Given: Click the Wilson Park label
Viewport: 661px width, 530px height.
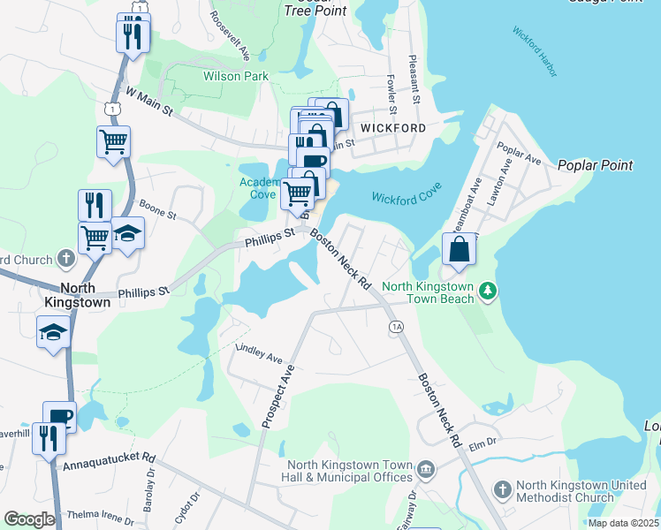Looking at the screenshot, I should pos(236,77).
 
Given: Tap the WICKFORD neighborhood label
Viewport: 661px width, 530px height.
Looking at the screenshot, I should pos(392,128).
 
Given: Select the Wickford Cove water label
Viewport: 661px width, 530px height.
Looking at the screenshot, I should pos(406,197).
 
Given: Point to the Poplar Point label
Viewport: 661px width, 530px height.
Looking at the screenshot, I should pos(595,165).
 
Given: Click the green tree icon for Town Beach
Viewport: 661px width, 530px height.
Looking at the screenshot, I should pos(487,291).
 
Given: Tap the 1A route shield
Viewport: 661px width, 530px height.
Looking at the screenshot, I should pos(396,327).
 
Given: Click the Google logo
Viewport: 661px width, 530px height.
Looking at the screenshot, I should pos(29,519).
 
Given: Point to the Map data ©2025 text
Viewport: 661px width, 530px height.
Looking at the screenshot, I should pos(623,523).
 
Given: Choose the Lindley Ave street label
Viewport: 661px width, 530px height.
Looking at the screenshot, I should pos(259,354).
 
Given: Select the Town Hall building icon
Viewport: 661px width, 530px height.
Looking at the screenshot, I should pos(426,467).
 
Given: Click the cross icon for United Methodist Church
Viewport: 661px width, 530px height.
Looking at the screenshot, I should pos(502,488).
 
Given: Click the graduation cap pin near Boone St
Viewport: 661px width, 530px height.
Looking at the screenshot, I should pos(128,235).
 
